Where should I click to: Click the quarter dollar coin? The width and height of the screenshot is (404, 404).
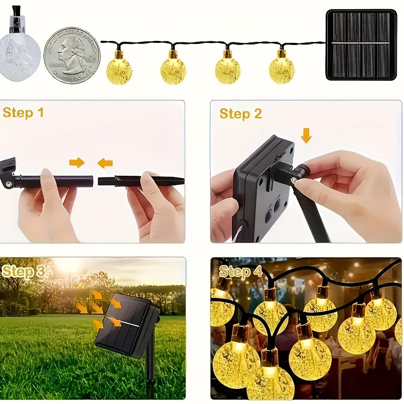72,55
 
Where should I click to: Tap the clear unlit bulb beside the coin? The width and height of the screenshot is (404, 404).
19,55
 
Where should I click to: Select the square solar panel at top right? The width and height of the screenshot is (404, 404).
361,44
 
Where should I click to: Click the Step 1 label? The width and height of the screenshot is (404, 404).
23,113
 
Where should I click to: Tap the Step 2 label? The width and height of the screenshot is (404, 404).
240,114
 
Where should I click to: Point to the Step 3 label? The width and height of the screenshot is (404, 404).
23,272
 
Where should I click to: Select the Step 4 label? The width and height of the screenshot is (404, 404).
240,272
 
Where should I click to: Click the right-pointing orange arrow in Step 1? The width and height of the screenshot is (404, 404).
77,163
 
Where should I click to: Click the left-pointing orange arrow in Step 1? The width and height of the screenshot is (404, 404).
105,163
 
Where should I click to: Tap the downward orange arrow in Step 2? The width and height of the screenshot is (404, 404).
306,135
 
